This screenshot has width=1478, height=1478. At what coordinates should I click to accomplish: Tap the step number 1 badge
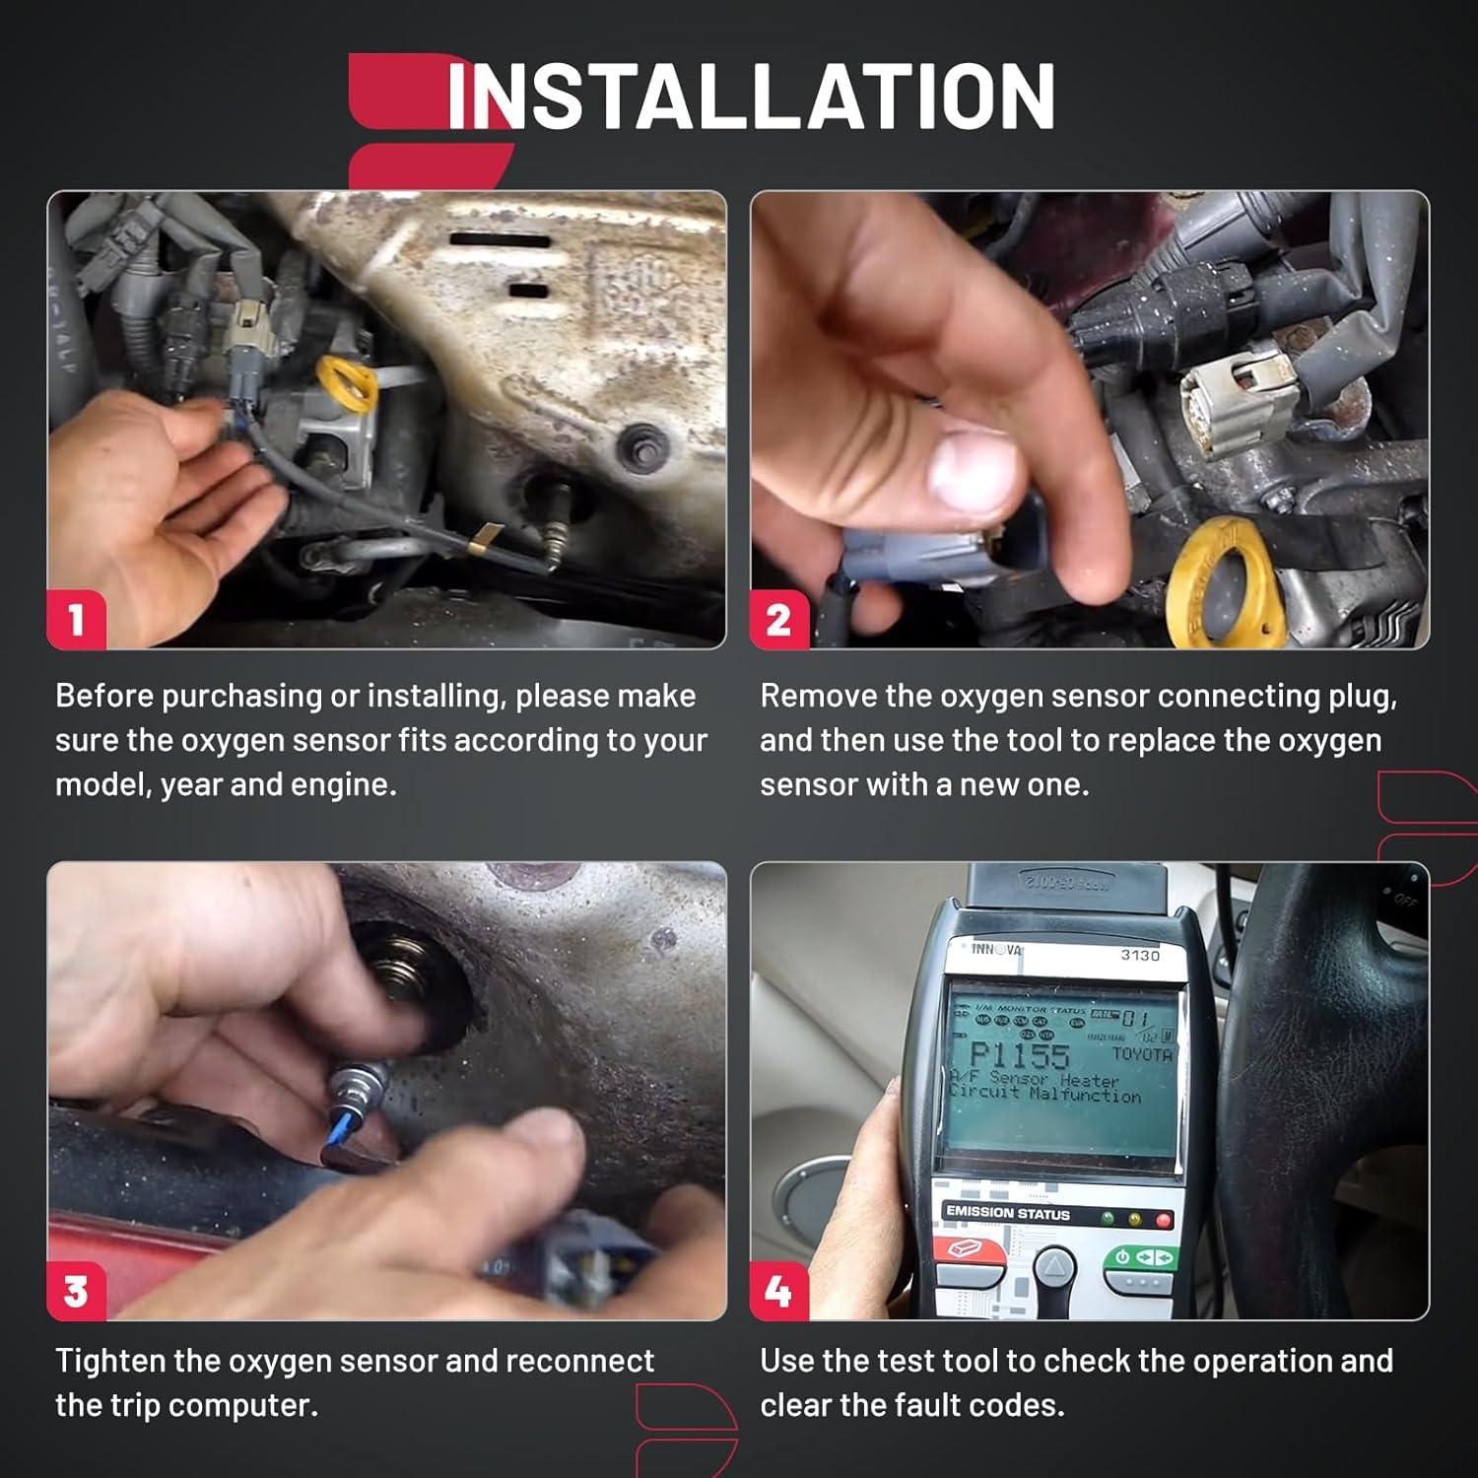[x=77, y=621]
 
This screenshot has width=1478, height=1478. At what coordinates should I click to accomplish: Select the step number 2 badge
[x=778, y=621]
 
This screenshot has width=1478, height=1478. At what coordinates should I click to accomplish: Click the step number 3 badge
[x=77, y=1292]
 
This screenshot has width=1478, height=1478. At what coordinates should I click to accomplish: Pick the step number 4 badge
[x=778, y=1292]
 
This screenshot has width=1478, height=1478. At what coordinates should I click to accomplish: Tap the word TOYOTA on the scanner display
[x=1141, y=1054]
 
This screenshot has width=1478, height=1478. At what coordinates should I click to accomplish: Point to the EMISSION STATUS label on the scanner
[x=1007, y=1213]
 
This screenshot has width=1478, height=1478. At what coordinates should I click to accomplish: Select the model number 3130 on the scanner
[x=1139, y=955]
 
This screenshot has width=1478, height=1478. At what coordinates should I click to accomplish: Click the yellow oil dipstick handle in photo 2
[x=1227, y=581]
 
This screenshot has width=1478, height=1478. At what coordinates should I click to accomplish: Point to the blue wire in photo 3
[x=338, y=1132]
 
